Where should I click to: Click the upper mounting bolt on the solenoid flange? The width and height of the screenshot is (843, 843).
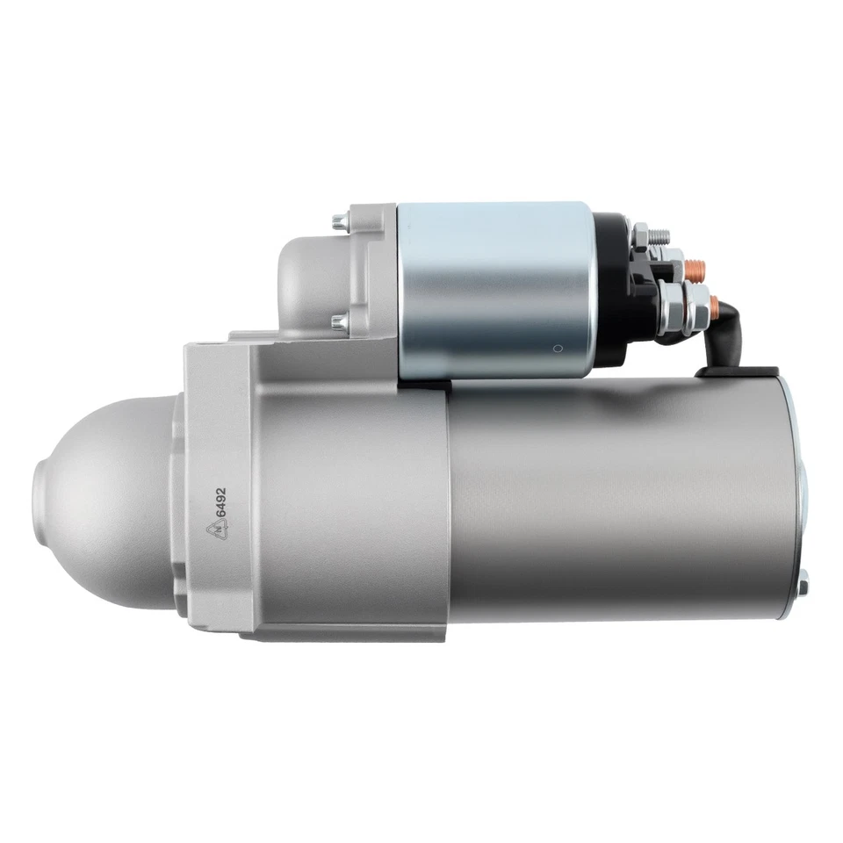tap(340, 220)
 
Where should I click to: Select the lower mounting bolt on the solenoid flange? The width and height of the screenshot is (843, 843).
tap(339, 321)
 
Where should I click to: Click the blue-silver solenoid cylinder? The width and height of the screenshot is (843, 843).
tap(496, 290)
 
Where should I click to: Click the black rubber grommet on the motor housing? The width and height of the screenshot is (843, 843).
tap(738, 372)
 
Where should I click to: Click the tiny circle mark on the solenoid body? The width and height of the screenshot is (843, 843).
tap(556, 347)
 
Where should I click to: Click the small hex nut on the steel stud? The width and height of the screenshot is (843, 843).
tap(642, 234)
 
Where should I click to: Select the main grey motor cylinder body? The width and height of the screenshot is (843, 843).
tap(615, 501)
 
